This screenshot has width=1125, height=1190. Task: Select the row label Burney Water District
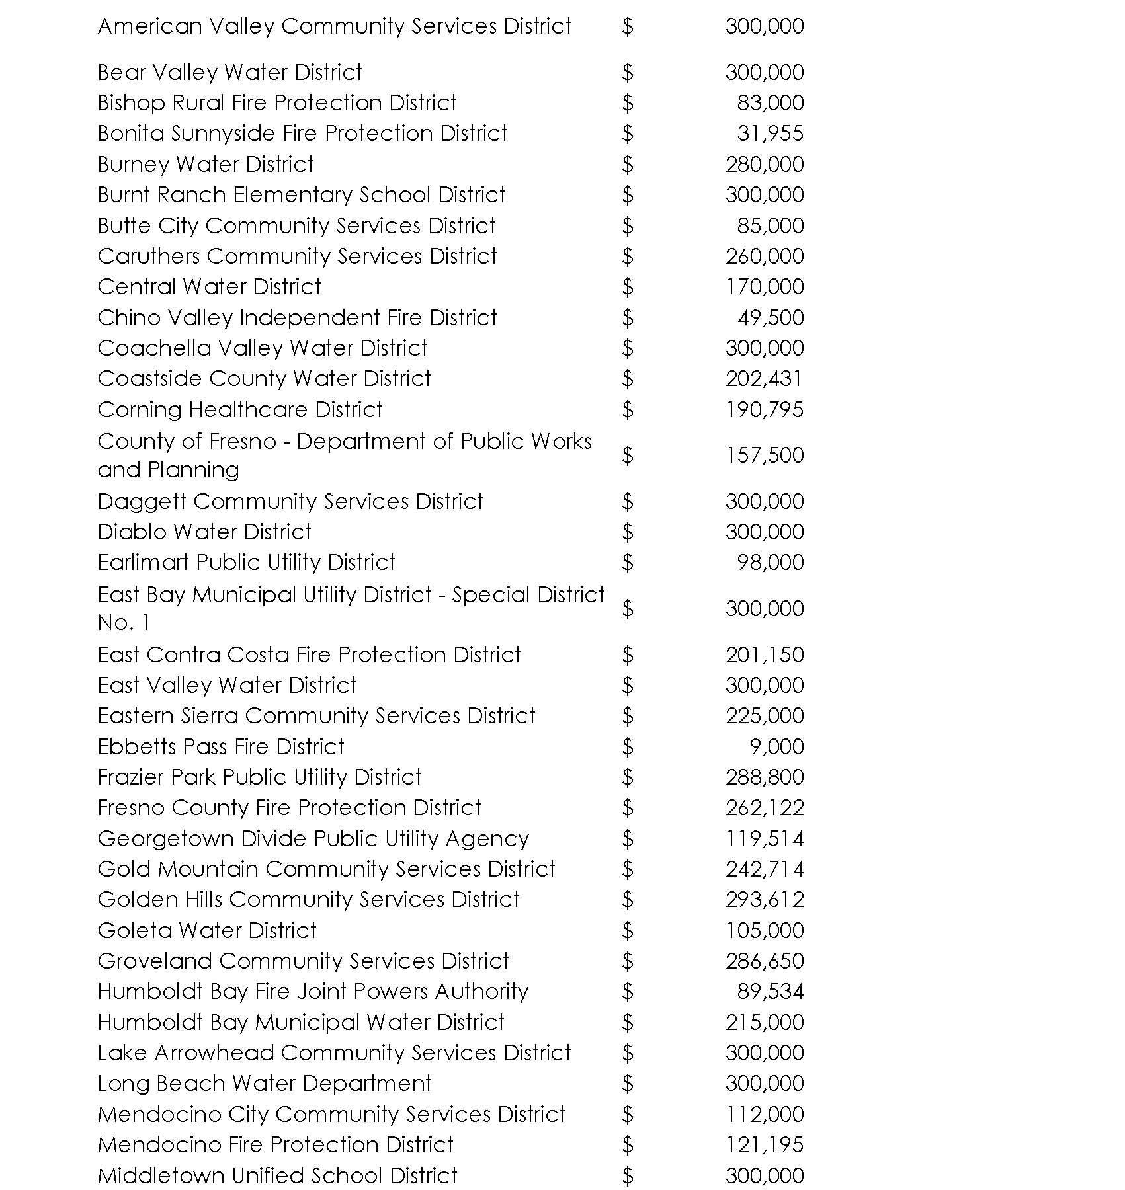pyautogui.click(x=206, y=164)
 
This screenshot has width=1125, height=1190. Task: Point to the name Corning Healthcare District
pyautogui.click(x=240, y=410)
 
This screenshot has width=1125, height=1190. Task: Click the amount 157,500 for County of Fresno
pyautogui.click(x=765, y=456)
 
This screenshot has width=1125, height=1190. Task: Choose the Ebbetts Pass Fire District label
pyautogui.click(x=221, y=747)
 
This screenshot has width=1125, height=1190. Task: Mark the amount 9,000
pyautogui.click(x=776, y=747)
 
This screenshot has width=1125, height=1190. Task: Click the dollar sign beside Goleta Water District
pyautogui.click(x=628, y=931)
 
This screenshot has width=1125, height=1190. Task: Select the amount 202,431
pyautogui.click(x=765, y=379)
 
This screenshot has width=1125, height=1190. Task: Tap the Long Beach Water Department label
pyautogui.click(x=265, y=1084)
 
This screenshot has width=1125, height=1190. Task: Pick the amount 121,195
pyautogui.click(x=765, y=1145)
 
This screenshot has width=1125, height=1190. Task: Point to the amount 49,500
pyautogui.click(x=771, y=318)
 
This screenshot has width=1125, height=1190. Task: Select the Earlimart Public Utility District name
pyautogui.click(x=246, y=563)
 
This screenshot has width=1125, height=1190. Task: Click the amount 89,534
pyautogui.click(x=771, y=992)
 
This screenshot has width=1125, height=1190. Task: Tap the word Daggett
pyautogui.click(x=142, y=502)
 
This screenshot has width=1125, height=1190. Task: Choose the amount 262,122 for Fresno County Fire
pyautogui.click(x=765, y=808)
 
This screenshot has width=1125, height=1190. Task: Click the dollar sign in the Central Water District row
pyautogui.click(x=628, y=287)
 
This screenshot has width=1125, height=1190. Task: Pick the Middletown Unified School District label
pyautogui.click(x=277, y=1175)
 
